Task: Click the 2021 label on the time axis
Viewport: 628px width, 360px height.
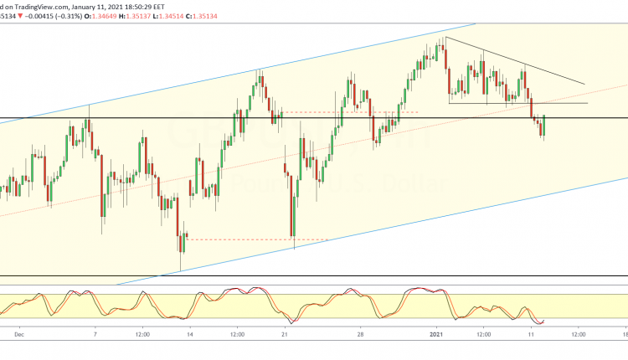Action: coord(436,333)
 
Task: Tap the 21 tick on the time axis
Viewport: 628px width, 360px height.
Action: coord(286,333)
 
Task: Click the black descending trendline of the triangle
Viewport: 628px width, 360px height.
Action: coord(519,62)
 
